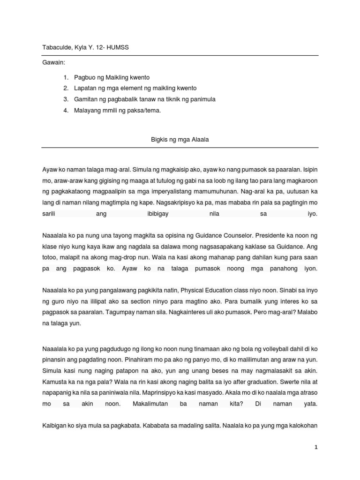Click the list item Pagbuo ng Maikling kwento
[112, 77]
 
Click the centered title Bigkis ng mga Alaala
[180, 139]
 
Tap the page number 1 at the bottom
[316, 448]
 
